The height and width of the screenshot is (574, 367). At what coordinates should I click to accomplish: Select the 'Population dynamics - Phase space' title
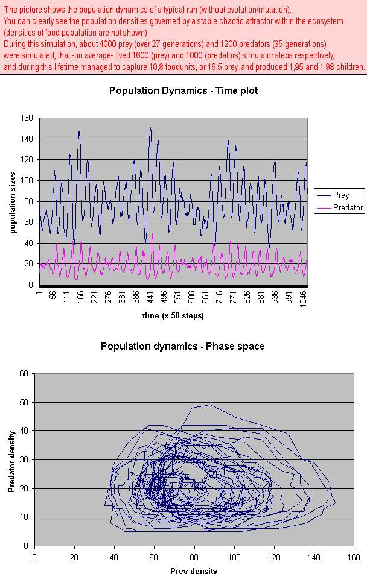[x=182, y=346]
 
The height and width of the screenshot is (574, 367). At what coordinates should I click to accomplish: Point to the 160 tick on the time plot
[x=27, y=118]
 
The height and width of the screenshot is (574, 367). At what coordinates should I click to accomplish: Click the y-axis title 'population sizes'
[x=13, y=201]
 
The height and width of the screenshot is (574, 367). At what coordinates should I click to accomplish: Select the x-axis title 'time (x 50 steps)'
[x=172, y=316]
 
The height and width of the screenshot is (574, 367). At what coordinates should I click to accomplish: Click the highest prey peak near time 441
[x=150, y=128]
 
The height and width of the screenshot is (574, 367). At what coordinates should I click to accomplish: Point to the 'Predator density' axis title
[x=12, y=459]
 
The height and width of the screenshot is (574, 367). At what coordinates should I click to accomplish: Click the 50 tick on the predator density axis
[x=24, y=402]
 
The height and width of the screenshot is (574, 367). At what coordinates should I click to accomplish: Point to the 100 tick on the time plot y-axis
[x=27, y=181]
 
